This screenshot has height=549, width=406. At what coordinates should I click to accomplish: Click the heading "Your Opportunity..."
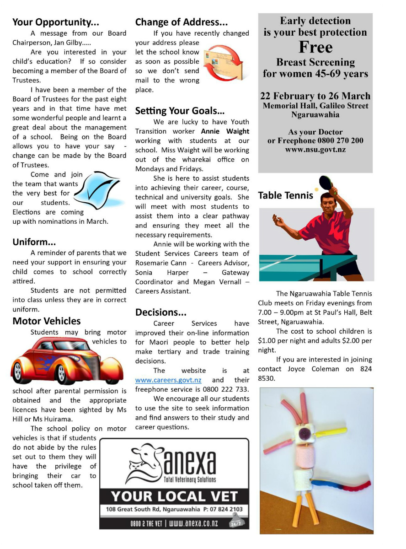click(56, 22)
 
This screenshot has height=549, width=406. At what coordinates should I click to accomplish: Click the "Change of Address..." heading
click(181, 22)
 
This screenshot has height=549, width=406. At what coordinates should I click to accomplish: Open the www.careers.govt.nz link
click(168, 380)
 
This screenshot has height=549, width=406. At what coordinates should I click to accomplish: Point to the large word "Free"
click(315, 47)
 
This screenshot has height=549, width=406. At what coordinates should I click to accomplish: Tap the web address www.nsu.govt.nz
click(315, 150)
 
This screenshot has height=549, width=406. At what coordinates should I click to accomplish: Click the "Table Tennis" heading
click(286, 196)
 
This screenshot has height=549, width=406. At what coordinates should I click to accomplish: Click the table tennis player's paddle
click(326, 182)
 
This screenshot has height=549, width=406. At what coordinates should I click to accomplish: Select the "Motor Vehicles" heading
click(47, 321)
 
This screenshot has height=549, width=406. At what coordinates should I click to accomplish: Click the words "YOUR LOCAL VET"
click(174, 496)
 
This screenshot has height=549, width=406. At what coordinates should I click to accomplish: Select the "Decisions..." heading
click(161, 312)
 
